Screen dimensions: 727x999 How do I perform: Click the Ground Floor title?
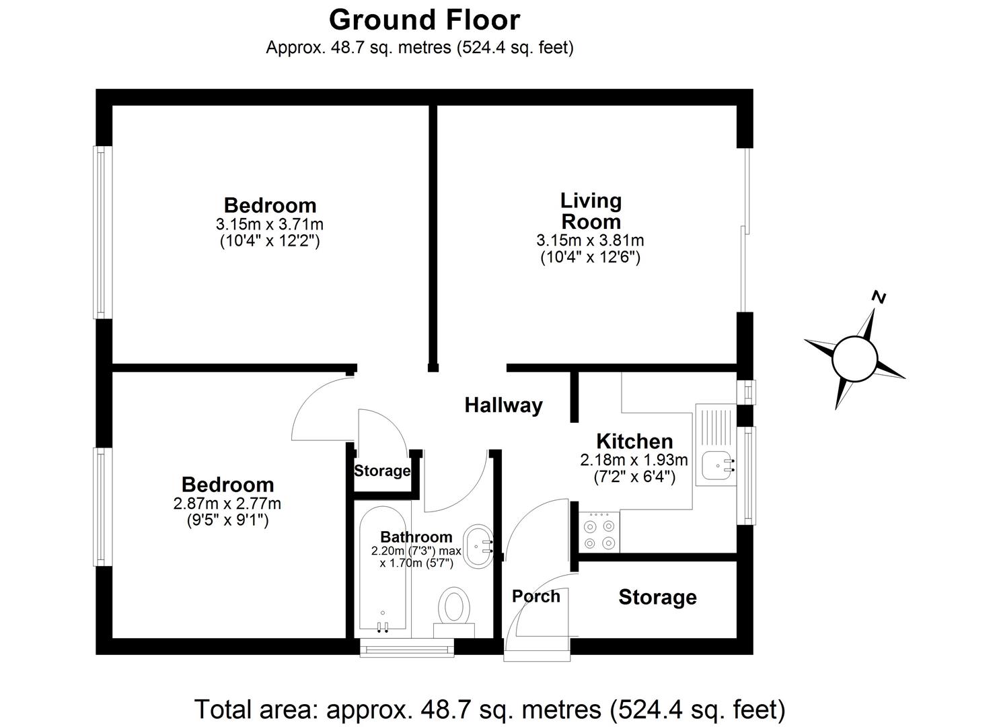[x=424, y=20]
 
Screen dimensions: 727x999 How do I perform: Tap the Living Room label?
[x=591, y=211]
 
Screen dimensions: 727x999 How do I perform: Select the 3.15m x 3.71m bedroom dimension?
[x=270, y=223]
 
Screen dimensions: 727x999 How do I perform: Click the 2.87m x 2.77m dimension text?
[x=227, y=504]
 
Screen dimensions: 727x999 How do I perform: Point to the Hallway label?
[x=503, y=405]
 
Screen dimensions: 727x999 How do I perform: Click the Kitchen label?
[x=634, y=442]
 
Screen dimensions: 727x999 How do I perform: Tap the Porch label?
[x=535, y=596]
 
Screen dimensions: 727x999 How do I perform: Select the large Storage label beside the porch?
[x=657, y=597]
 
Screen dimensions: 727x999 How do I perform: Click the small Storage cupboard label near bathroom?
[x=382, y=471]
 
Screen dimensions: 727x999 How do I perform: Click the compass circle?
[x=854, y=359]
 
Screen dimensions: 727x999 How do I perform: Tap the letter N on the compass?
[x=878, y=297]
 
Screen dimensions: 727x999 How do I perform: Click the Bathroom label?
[x=416, y=537]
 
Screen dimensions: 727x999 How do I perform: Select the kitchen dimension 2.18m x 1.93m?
[x=634, y=460]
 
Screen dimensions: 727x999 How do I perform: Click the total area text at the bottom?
[x=490, y=709]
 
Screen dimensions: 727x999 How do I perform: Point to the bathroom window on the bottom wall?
[x=407, y=648]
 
